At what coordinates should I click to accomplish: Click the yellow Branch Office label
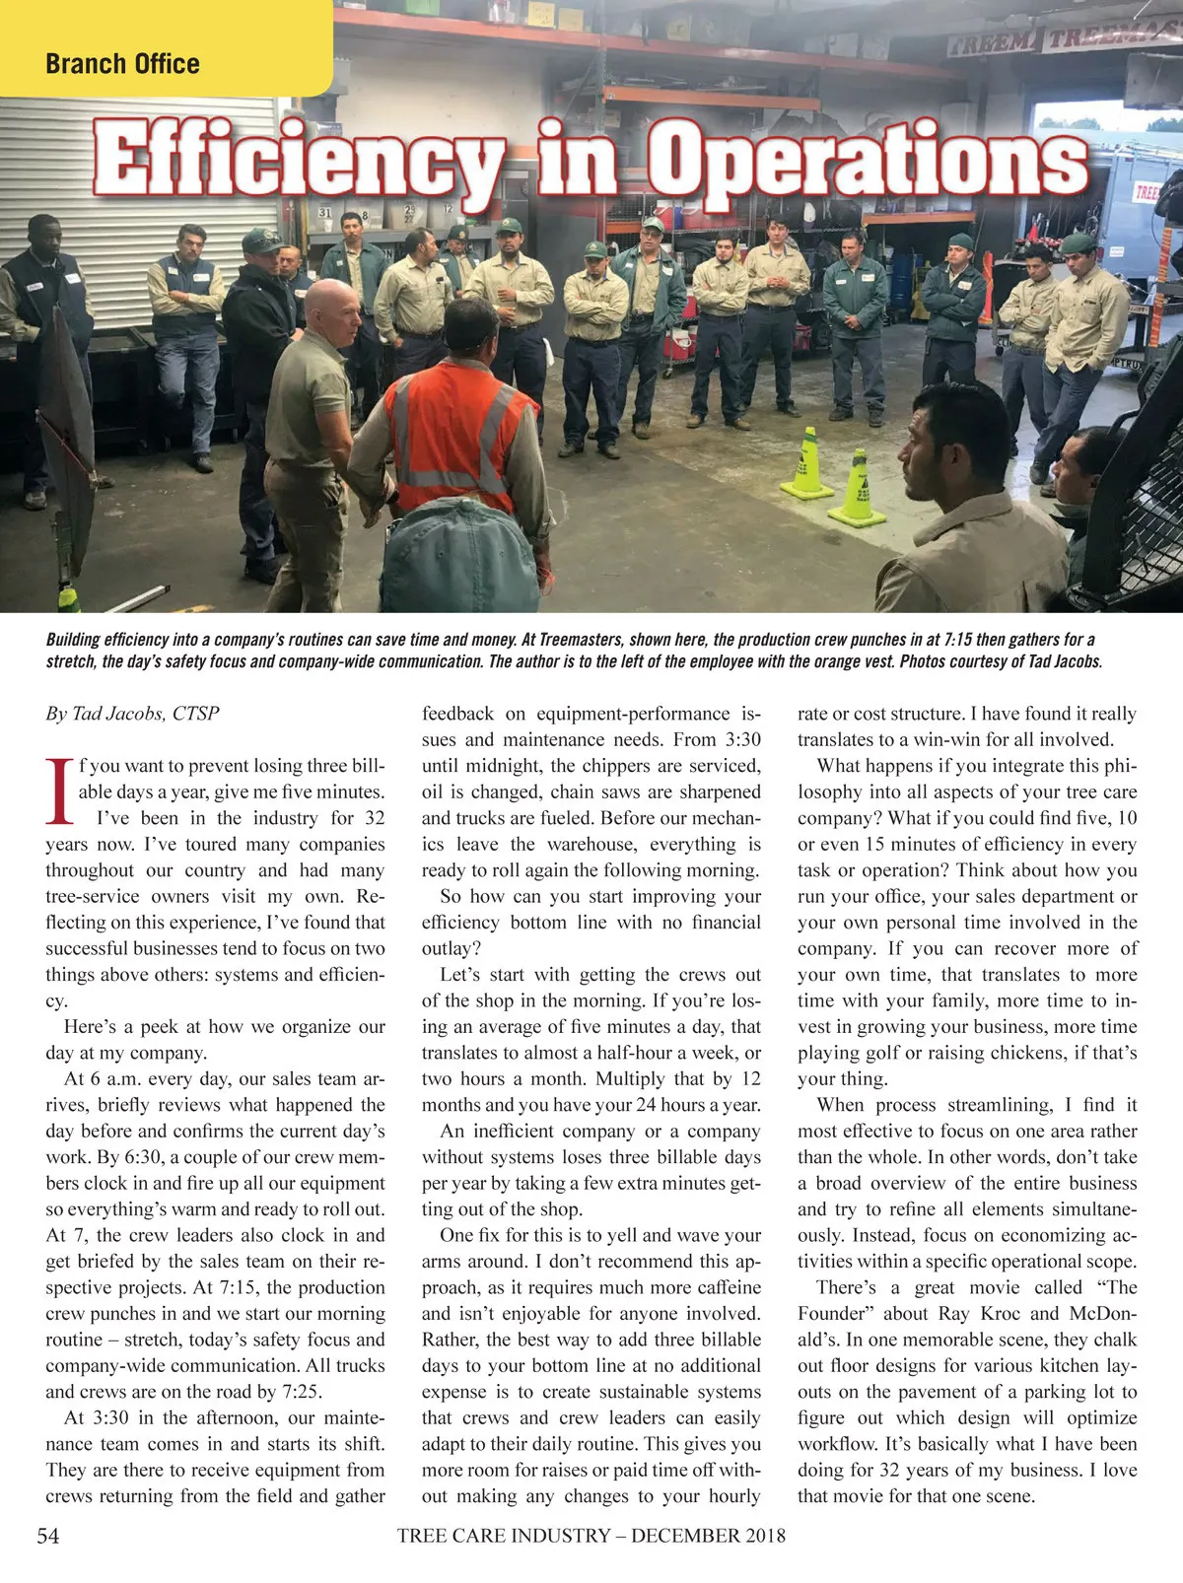point(122,64)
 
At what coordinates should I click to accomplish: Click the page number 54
point(47,1536)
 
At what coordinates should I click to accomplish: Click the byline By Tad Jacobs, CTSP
point(132,713)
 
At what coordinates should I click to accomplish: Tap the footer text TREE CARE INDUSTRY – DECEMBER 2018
point(591,1536)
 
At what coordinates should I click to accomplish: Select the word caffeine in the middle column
point(722,1287)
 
